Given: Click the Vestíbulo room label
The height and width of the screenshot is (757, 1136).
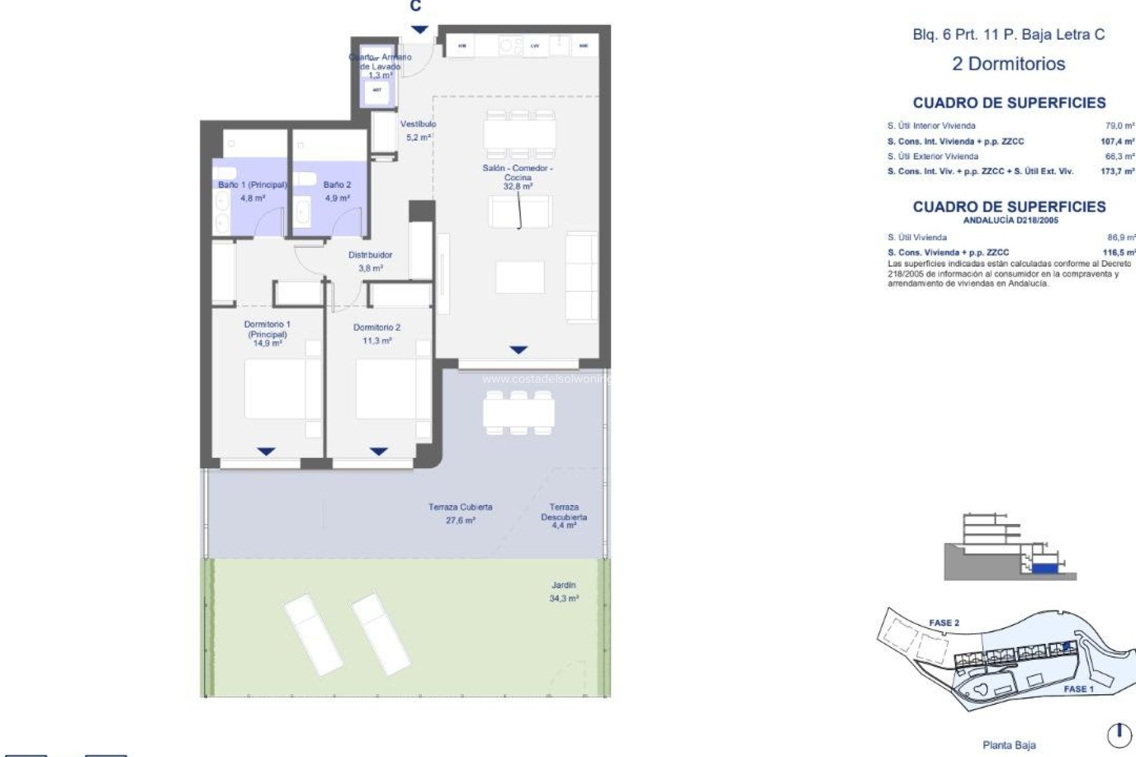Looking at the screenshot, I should tap(418, 124).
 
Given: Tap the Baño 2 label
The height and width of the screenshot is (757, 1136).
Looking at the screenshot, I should tap(337, 185).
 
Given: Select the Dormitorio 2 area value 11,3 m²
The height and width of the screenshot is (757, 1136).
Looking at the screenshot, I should tap(377, 341).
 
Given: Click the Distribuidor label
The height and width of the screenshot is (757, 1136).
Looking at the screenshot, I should tap(370, 255).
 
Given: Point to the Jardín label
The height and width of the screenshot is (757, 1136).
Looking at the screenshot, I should tap(563, 585).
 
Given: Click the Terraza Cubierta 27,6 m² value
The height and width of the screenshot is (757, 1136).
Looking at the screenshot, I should tap(460, 520).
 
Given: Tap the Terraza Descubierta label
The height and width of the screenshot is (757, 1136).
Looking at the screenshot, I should tap(564, 512).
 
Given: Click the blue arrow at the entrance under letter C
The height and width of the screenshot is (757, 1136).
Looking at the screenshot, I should tap(419, 30).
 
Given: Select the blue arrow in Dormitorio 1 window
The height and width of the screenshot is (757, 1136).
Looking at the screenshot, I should tap(266, 452).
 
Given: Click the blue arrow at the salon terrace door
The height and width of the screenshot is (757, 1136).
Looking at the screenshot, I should tap(518, 350).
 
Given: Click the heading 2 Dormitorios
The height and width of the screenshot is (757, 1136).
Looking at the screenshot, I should tap(1008, 64).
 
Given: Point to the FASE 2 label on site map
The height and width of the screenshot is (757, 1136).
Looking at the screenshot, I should tap(944, 623).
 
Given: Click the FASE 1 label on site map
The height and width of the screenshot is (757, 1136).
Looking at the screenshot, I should tap(1078, 689).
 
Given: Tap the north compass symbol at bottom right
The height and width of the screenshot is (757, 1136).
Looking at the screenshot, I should tap(1119, 735).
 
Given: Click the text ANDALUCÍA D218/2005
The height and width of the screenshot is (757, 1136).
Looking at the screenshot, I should tap(1010, 221).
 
